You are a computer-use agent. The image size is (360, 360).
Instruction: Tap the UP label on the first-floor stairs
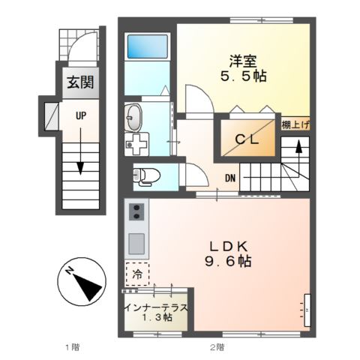click(x=78, y=114)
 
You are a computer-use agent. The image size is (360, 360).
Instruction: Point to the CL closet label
click(x=247, y=139)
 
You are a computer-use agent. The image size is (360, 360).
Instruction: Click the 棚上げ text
click(x=295, y=125)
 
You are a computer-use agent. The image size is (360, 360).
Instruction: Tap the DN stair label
click(x=230, y=178)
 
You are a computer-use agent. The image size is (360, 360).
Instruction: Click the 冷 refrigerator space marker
click(x=137, y=274)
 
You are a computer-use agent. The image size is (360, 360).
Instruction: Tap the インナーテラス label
click(x=155, y=306)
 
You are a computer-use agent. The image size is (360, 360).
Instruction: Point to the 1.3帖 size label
click(x=155, y=318)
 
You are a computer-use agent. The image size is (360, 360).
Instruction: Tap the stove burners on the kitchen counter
click(x=136, y=213)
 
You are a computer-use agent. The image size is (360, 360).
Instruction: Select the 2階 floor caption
click(x=217, y=348)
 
